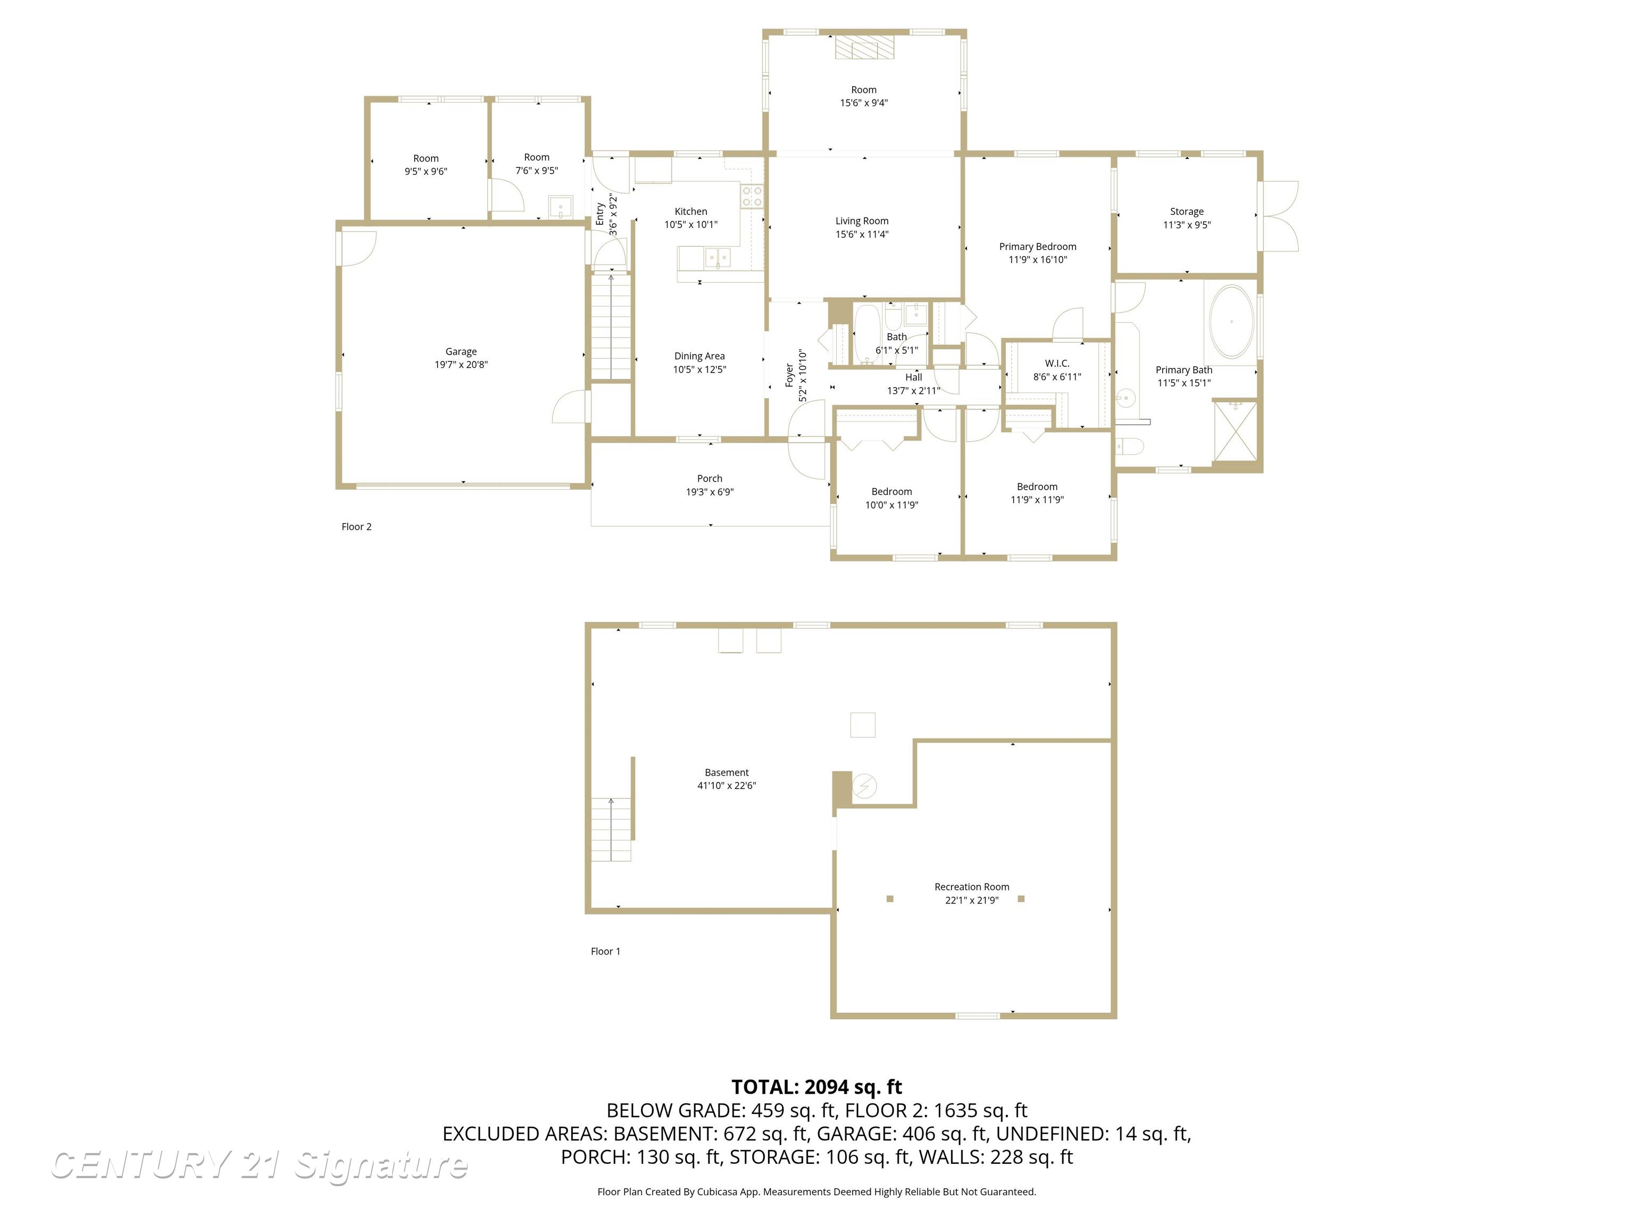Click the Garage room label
(x=461, y=351)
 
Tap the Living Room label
(x=862, y=221)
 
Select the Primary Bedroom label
(x=1038, y=247)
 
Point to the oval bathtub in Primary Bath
(x=1231, y=322)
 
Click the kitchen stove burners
(x=752, y=196)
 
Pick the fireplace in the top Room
(x=864, y=46)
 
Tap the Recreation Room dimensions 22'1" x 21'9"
(x=971, y=900)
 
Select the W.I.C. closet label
(x=1057, y=363)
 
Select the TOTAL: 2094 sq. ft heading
(x=817, y=1087)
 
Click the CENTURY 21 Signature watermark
(x=259, y=1165)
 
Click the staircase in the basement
(x=611, y=829)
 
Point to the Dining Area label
(x=699, y=356)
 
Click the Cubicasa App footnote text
(x=817, y=1192)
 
